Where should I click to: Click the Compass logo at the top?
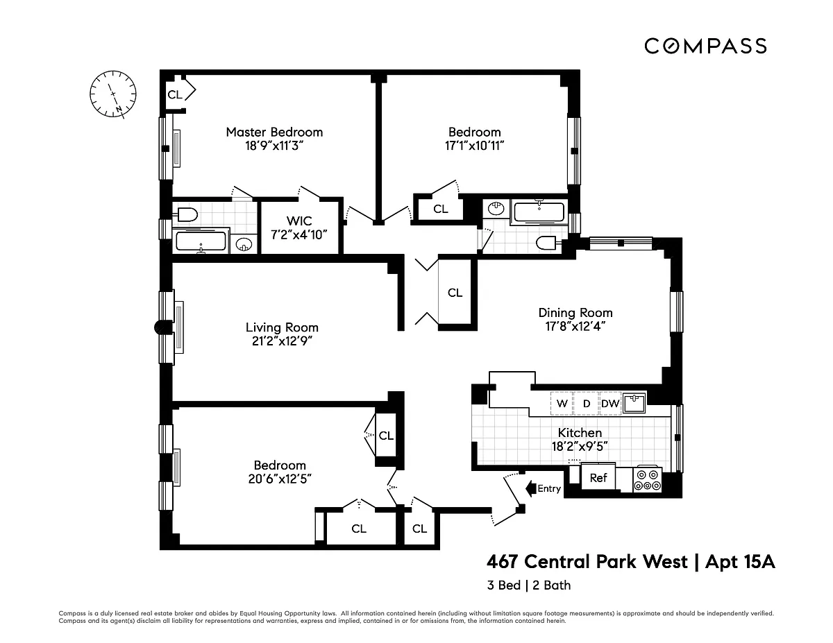click(705, 46)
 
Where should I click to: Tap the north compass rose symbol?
click(112, 94)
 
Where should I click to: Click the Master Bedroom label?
click(274, 132)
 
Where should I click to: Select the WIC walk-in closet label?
click(299, 221)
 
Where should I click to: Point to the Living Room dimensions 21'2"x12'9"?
click(282, 341)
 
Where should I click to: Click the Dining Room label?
click(575, 313)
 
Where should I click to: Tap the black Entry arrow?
click(530, 488)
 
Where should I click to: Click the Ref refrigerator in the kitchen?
click(598, 477)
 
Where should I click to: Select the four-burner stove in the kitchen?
click(647, 479)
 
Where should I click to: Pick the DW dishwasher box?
click(610, 403)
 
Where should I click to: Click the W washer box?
click(562, 403)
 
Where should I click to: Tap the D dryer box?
click(586, 403)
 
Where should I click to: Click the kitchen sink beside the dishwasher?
click(634, 403)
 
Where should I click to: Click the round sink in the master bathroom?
click(244, 244)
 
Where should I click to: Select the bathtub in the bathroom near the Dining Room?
click(539, 212)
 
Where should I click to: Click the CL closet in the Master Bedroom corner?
click(175, 94)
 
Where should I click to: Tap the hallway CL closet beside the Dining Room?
click(455, 293)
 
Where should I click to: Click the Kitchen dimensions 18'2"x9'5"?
click(580, 447)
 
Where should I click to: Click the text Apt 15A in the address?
click(740, 562)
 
